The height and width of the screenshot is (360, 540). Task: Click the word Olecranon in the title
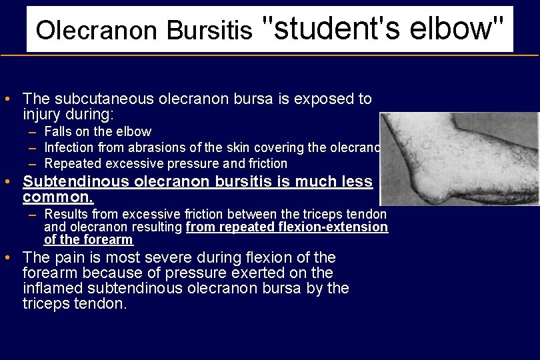coord(97,30)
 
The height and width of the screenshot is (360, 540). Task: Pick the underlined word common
coord(57,198)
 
